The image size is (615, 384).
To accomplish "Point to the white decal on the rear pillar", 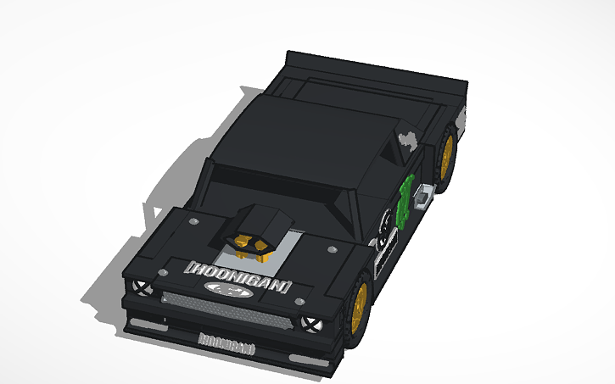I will (407, 140).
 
